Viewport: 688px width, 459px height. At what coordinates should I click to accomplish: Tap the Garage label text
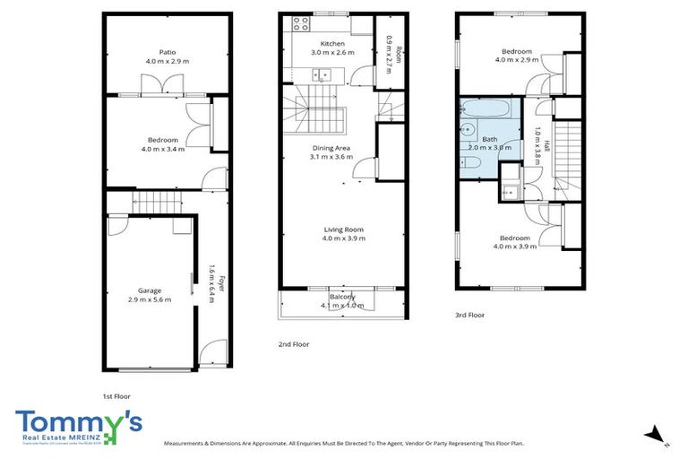tap(150, 290)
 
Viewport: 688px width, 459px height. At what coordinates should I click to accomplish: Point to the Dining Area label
tap(331, 148)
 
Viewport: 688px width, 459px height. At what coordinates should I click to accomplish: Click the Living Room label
tap(343, 229)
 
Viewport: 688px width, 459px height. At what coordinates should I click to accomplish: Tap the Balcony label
tap(342, 297)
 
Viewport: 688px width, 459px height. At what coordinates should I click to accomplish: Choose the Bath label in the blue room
tap(489, 139)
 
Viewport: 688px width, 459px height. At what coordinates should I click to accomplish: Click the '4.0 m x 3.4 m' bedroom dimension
tap(163, 149)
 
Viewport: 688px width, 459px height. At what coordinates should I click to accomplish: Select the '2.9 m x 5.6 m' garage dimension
tap(150, 299)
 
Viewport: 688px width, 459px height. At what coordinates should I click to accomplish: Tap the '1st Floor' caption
tap(117, 395)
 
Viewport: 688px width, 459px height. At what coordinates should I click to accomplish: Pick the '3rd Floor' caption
tap(470, 315)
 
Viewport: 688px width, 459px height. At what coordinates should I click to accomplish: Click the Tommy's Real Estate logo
tap(79, 427)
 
